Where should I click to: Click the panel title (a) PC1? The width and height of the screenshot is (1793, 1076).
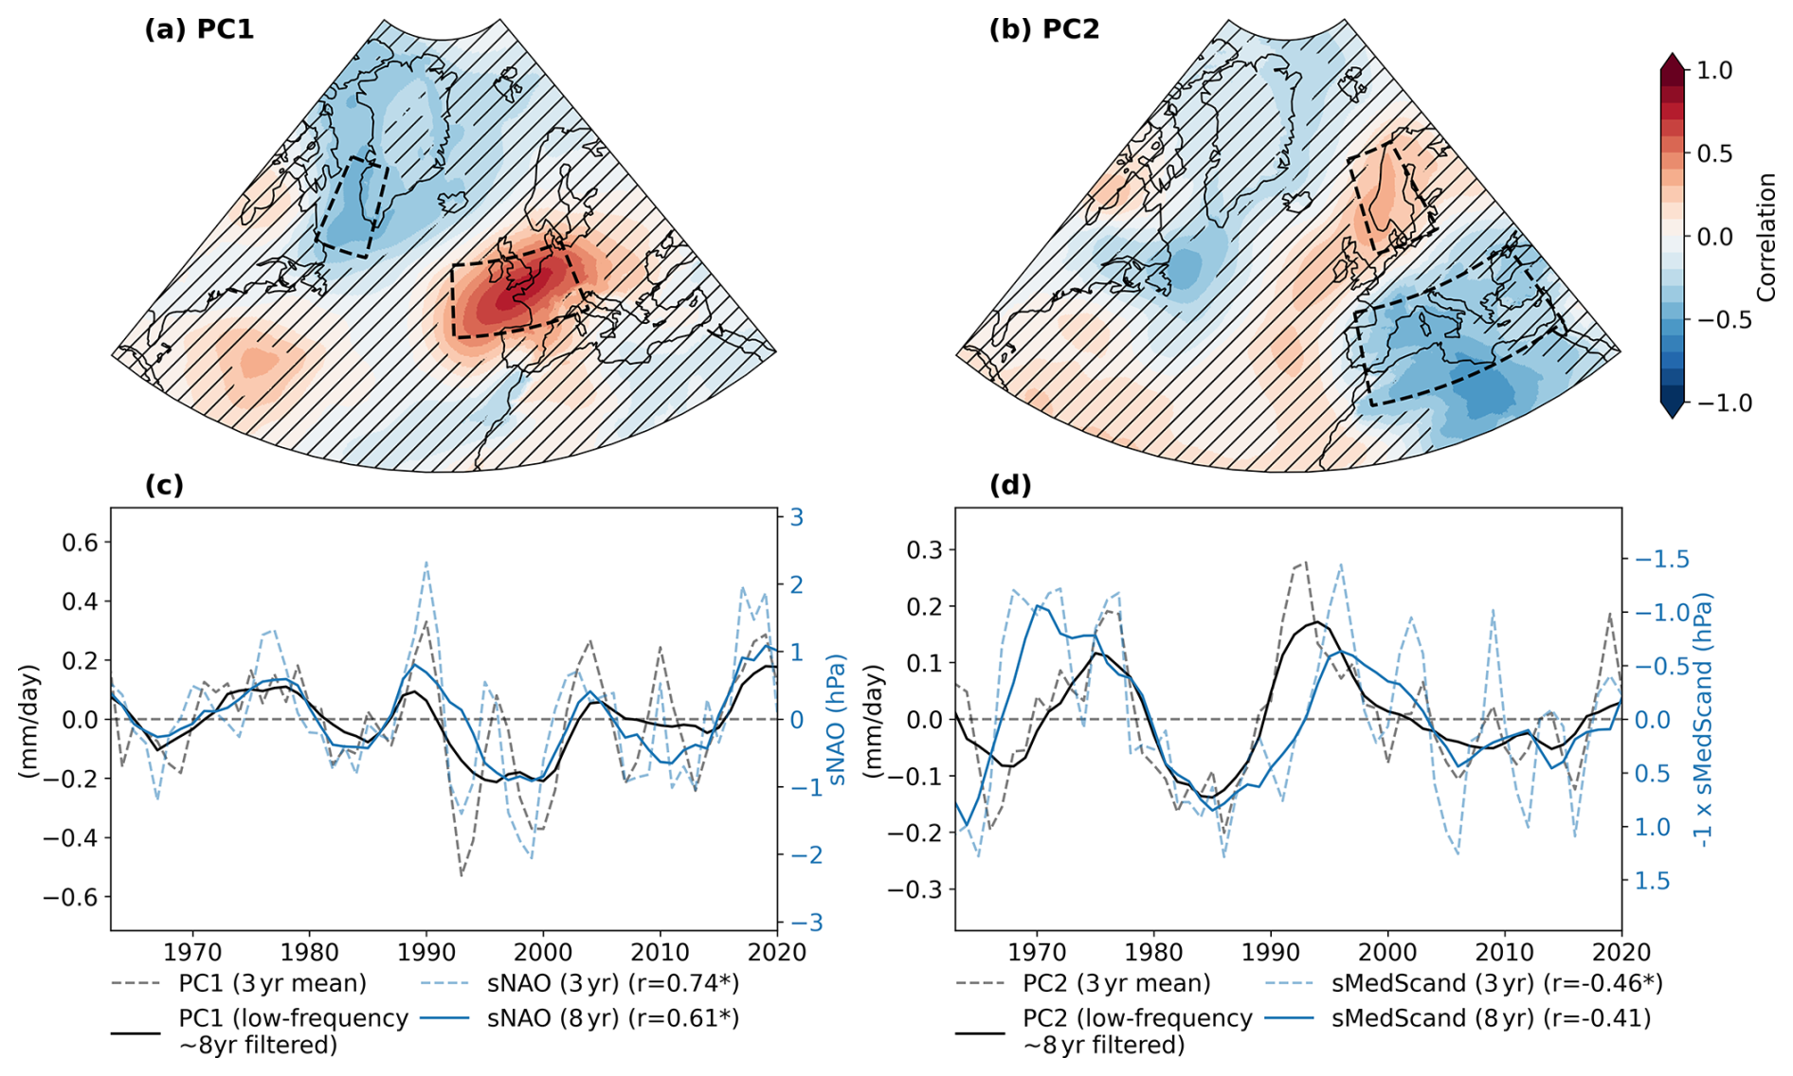point(199,29)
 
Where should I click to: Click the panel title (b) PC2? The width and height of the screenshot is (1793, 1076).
point(1044,29)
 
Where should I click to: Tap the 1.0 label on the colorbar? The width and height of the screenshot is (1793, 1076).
point(1713,70)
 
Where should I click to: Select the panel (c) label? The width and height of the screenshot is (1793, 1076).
point(164,485)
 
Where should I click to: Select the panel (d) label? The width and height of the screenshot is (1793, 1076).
point(1010,485)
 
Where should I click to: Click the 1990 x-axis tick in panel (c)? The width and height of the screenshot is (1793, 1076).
point(426,950)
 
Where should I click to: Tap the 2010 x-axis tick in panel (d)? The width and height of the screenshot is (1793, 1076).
point(1505,950)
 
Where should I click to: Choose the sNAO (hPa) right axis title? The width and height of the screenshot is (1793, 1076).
point(836,720)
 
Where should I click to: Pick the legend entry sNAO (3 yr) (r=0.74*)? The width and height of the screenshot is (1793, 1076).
point(613,983)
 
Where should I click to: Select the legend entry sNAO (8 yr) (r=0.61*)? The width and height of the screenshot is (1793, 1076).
point(613,1018)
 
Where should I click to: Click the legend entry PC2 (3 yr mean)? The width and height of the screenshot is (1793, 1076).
point(1116,983)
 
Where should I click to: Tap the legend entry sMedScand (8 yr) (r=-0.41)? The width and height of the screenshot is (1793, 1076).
point(1491,1018)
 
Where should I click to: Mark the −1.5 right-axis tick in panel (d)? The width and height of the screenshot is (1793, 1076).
point(1662,559)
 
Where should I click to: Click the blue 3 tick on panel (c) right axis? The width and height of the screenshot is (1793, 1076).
point(797,517)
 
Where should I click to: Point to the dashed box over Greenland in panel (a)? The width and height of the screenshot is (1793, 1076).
point(353,208)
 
